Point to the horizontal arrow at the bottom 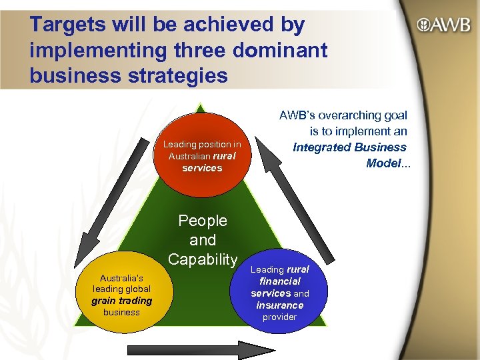(201, 350)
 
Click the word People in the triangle (203, 221)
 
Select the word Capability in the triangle (203, 259)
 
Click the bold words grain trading (122, 301)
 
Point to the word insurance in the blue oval (279, 305)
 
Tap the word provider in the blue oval (279, 317)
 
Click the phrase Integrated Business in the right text (350, 147)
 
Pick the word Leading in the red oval (180, 144)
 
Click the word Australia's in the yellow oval (122, 277)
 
